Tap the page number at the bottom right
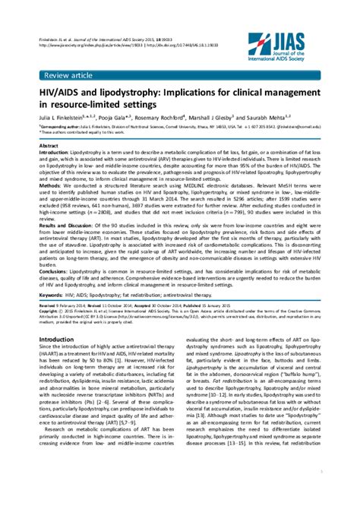click(321, 492)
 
